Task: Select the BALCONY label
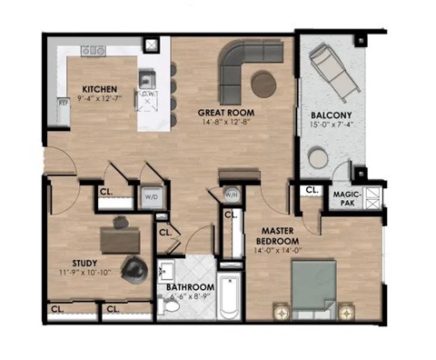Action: coord(332,116)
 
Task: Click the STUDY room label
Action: coord(61,262)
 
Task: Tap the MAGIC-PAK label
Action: coord(347,195)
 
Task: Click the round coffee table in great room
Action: coord(264,85)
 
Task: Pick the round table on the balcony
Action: coord(318,157)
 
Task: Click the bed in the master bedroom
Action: coord(312,285)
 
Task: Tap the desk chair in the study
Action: coord(134,267)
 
